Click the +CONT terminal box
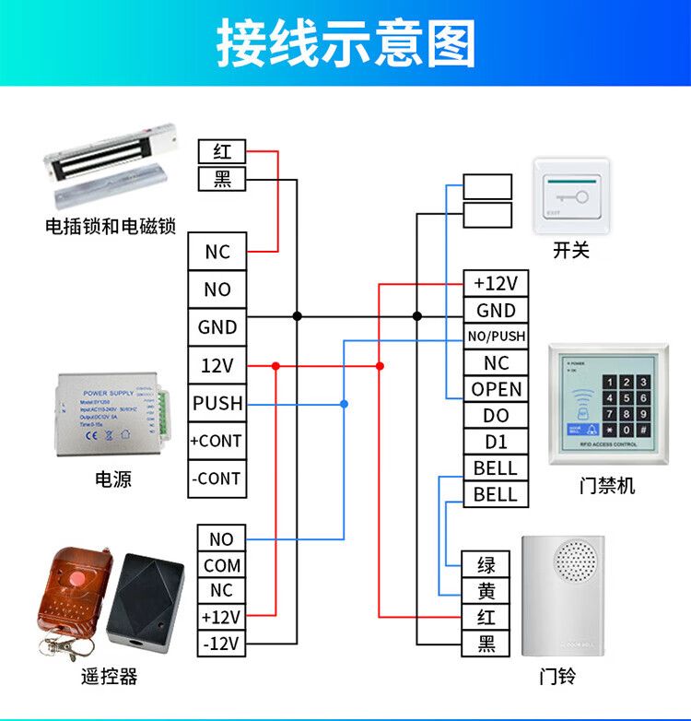pyautogui.click(x=217, y=441)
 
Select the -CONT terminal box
pyautogui.click(x=217, y=479)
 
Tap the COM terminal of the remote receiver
pyautogui.click(x=222, y=564)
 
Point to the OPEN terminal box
pyautogui.click(x=497, y=389)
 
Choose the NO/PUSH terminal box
pyautogui.click(x=497, y=337)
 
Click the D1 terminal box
pyautogui.click(x=497, y=442)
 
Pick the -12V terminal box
pyautogui.click(x=222, y=643)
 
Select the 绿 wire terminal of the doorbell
pyautogui.click(x=486, y=564)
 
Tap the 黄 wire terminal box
pyautogui.click(x=486, y=591)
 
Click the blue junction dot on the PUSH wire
pyautogui.click(x=344, y=404)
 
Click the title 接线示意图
pyautogui.click(x=345, y=43)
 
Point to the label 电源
pyautogui.click(x=113, y=479)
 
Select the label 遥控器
pyautogui.click(x=109, y=677)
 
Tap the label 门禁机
pyautogui.click(x=607, y=485)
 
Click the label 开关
pyautogui.click(x=570, y=250)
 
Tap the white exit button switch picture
pyautogui.click(x=571, y=193)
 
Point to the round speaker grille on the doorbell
pyautogui.click(x=575, y=561)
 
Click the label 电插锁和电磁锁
pyautogui.click(x=110, y=226)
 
